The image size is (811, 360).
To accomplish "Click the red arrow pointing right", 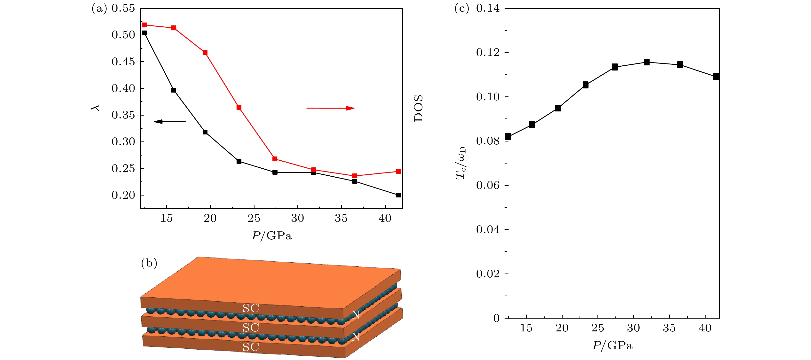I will [x=330, y=108].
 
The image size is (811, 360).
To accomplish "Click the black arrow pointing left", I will [x=170, y=121].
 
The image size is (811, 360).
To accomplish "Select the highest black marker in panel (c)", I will [x=646, y=62].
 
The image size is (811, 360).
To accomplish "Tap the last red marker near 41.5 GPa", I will [x=398, y=171].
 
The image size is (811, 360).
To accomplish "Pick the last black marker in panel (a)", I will [x=398, y=195].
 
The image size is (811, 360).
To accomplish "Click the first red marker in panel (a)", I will [x=144, y=25].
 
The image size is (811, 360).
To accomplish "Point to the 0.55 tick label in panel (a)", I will [x=123, y=8].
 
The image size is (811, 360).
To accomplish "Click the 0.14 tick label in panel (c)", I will [x=488, y=8].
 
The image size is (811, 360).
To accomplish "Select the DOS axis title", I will [x=418, y=108].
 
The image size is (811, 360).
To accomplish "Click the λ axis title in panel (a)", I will [x=96, y=108].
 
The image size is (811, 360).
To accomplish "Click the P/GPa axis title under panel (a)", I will [x=271, y=235].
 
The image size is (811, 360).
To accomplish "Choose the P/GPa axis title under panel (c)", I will [x=612, y=345].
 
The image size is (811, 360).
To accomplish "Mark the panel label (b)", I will [x=149, y=263].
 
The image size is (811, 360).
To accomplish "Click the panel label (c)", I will [x=461, y=8].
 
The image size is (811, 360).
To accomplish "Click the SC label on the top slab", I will [x=251, y=308].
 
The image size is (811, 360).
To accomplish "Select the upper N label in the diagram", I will [x=355, y=314].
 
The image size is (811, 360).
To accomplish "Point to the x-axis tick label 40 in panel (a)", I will [x=385, y=218].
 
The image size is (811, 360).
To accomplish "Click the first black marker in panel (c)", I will [x=508, y=137].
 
